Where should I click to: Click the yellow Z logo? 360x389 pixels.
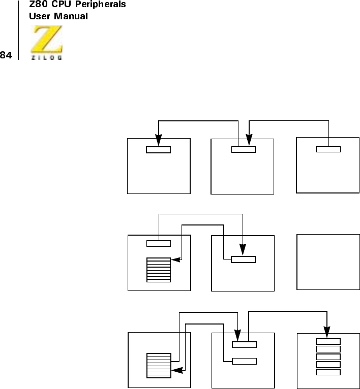[x=47, y=41]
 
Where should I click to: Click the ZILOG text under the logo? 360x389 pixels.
[x=47, y=57]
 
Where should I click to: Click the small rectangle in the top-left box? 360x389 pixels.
[x=159, y=149]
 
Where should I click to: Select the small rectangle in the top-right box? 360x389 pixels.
[x=328, y=149]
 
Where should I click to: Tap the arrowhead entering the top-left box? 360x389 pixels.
[x=159, y=140]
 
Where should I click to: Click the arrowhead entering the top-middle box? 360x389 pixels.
[x=249, y=140]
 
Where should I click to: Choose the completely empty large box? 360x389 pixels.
[x=328, y=262]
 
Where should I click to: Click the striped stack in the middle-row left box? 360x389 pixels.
[x=159, y=270]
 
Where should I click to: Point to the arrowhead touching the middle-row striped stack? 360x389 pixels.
[x=176, y=260]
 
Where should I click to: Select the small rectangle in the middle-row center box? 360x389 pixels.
[x=244, y=260]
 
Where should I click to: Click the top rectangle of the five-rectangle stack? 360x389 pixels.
[x=328, y=341]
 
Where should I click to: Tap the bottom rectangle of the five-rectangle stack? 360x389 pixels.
[x=328, y=372]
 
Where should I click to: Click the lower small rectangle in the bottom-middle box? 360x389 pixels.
[x=244, y=362]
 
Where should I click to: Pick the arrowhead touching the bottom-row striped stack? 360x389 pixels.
[x=176, y=371]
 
